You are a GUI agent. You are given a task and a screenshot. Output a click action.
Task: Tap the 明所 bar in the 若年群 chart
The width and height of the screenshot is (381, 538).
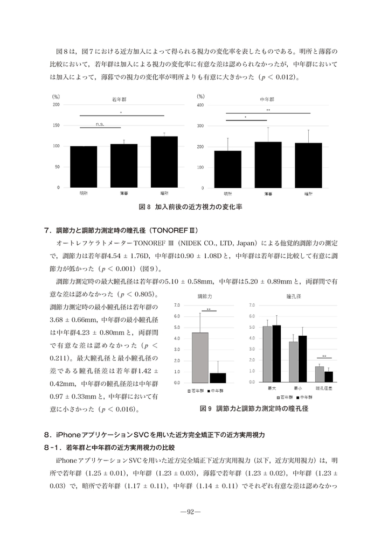(84, 167)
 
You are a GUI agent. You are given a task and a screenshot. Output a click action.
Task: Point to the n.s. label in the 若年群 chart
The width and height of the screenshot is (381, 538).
(99, 124)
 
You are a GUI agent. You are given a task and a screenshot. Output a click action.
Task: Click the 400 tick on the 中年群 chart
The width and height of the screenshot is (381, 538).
(200, 105)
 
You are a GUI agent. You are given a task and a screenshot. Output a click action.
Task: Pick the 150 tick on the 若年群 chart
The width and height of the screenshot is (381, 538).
(56, 125)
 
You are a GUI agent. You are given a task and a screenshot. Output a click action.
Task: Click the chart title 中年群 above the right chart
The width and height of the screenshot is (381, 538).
(266, 100)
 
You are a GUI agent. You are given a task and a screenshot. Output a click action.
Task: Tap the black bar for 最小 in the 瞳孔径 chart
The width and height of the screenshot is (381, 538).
(302, 359)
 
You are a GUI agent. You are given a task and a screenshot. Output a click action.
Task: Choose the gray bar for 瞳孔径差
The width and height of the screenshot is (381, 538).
(320, 374)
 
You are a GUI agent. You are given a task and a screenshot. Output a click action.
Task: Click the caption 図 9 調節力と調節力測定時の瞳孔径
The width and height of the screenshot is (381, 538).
(253, 409)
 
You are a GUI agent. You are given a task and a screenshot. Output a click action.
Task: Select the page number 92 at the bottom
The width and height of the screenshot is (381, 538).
(190, 511)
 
